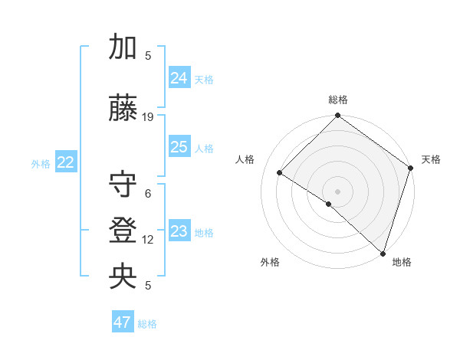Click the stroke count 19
(x=148, y=117)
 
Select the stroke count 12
(x=148, y=240)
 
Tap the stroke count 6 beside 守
(x=148, y=194)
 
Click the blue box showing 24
(x=179, y=77)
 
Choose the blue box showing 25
(x=179, y=147)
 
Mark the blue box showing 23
(x=179, y=231)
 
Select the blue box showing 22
(x=65, y=162)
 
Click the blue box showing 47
(x=123, y=322)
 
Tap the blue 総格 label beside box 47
(x=147, y=324)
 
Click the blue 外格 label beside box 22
(x=41, y=163)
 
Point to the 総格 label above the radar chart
(x=338, y=100)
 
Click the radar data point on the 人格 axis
(x=280, y=173)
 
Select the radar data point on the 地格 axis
(x=383, y=252)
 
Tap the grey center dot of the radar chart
(x=337, y=191)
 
